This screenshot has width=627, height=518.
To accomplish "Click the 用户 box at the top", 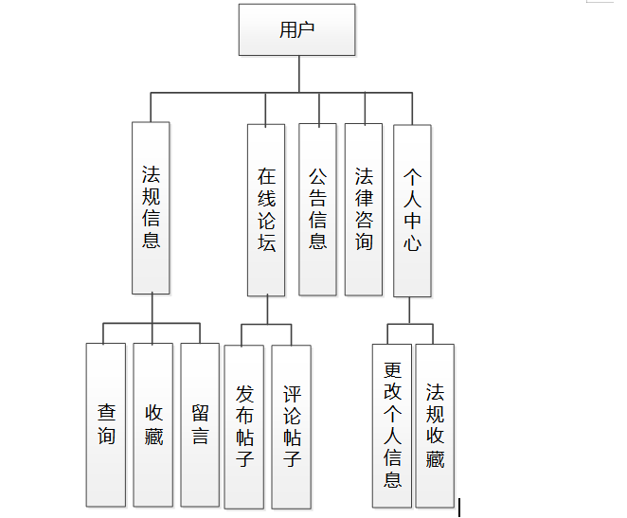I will pyautogui.click(x=297, y=30).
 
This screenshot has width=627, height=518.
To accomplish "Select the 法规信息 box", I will pyautogui.click(x=151, y=207).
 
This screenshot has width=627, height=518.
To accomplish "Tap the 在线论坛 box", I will pyautogui.click(x=266, y=209).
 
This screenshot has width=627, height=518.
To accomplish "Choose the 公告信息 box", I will pyautogui.click(x=317, y=209).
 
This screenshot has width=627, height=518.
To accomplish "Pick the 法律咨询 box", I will pyautogui.click(x=364, y=209).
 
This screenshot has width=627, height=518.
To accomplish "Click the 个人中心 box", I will pyautogui.click(x=412, y=209).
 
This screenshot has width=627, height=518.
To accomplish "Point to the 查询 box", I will pyautogui.click(x=106, y=424).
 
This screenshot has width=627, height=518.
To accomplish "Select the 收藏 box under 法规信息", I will pyautogui.click(x=153, y=424).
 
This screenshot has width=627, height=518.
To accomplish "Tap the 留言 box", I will pyautogui.click(x=200, y=424).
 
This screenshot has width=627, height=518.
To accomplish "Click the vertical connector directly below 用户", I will pyautogui.click(x=298, y=74).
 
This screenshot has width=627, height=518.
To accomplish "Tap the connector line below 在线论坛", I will pyautogui.click(x=266, y=310).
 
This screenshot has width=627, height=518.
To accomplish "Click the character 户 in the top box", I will pyautogui.click(x=307, y=30).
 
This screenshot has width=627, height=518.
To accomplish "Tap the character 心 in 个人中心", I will pyautogui.click(x=412, y=243).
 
